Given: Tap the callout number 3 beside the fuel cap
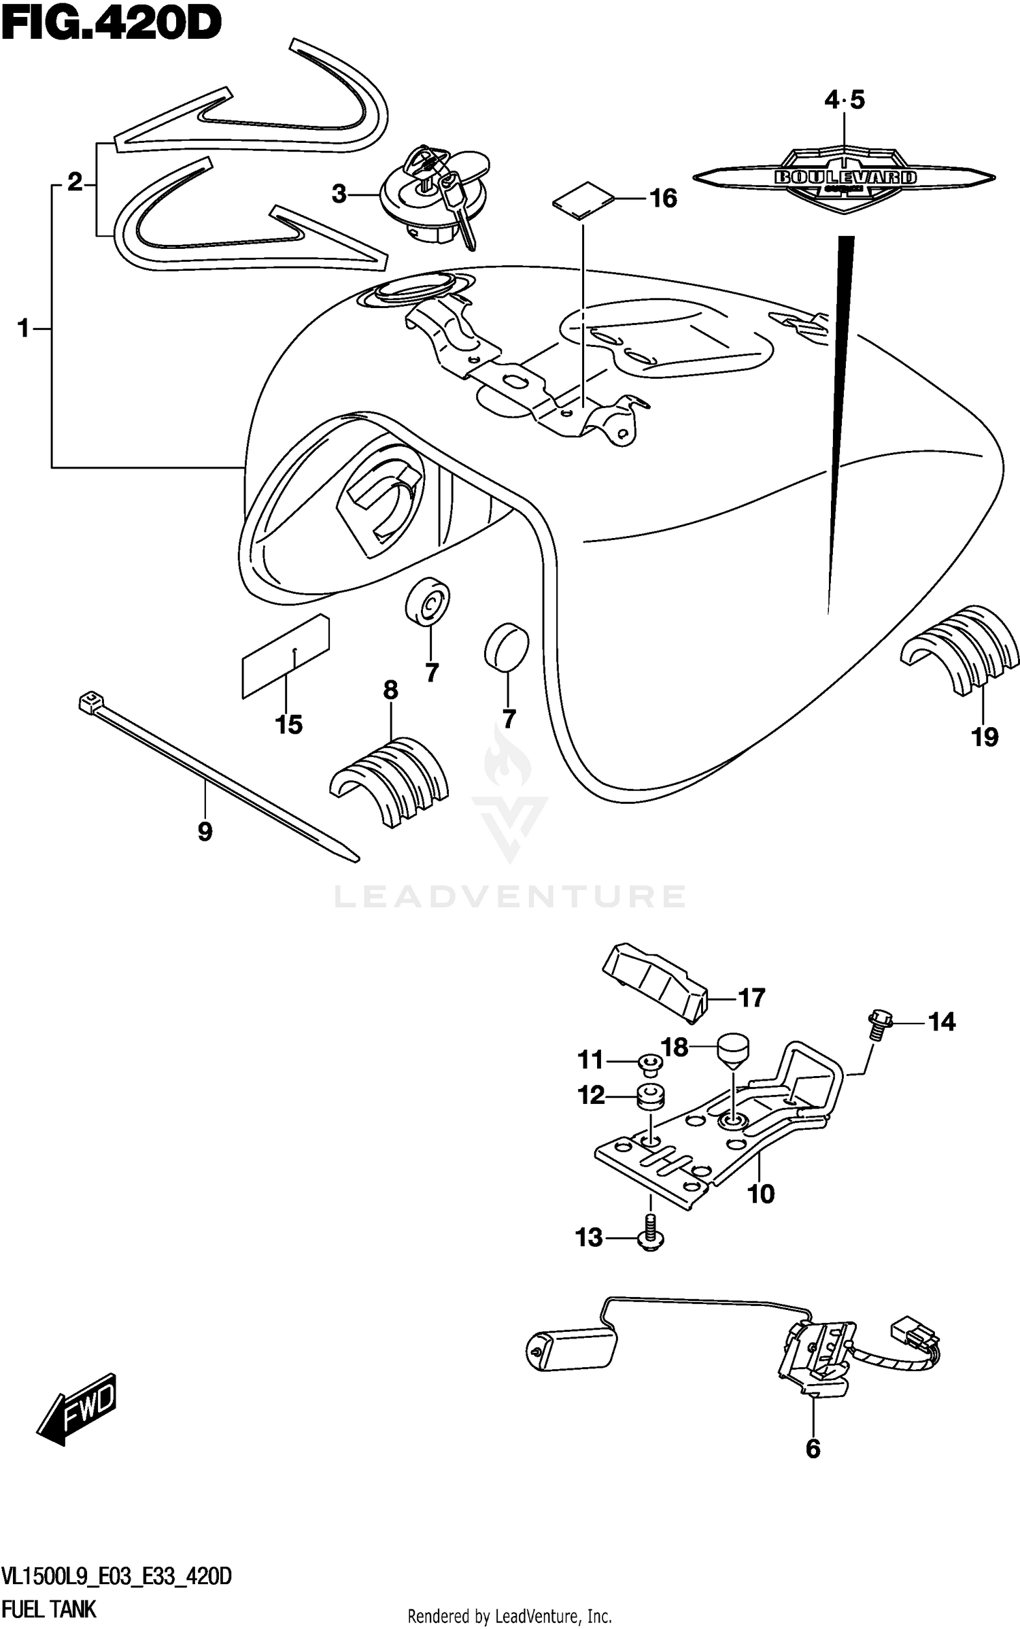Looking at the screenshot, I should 339,195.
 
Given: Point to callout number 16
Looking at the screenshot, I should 663,199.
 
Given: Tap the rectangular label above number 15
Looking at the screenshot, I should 286,656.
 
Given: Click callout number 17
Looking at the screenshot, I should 751,998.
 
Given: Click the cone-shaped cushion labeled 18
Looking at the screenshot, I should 732,1048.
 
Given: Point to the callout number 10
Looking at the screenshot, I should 761,1194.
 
